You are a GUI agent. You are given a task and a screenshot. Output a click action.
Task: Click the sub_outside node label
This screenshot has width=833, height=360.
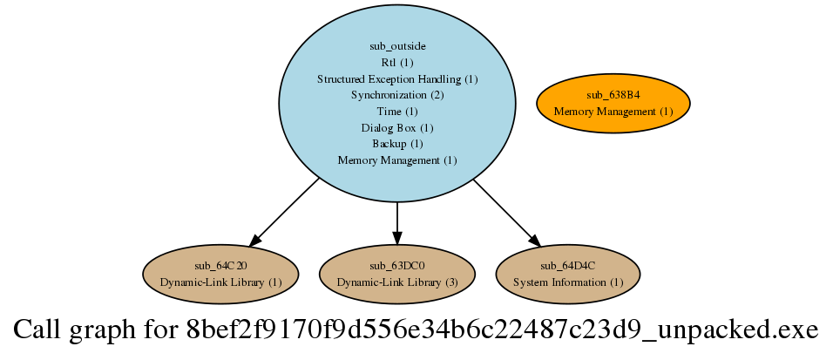click(x=397, y=45)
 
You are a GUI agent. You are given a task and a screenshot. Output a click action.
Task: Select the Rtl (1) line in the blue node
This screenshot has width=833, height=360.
click(x=397, y=62)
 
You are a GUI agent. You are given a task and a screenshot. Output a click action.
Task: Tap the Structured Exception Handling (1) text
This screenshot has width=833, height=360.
click(x=397, y=78)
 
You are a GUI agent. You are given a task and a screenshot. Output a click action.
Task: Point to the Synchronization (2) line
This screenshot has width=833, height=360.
click(x=397, y=94)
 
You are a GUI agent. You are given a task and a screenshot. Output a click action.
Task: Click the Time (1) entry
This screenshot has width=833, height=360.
click(x=397, y=111)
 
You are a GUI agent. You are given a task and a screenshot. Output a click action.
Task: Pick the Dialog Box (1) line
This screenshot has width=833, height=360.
click(x=397, y=127)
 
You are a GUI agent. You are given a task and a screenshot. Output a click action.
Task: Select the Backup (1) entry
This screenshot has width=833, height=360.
click(x=397, y=144)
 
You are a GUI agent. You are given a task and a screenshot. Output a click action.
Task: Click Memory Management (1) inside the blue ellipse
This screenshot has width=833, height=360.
click(x=397, y=160)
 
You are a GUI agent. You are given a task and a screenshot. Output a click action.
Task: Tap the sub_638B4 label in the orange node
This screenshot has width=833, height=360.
click(x=613, y=94)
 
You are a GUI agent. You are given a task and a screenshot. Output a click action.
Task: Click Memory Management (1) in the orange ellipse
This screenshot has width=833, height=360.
click(x=613, y=111)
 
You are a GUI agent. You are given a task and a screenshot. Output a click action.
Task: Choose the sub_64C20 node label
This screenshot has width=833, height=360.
click(x=221, y=265)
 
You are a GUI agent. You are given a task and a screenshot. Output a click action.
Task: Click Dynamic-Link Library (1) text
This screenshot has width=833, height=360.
click(x=221, y=282)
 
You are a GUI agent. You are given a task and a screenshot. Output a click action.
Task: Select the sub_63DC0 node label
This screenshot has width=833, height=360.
click(x=397, y=265)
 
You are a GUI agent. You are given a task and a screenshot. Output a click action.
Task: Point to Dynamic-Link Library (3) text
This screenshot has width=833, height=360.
click(x=397, y=282)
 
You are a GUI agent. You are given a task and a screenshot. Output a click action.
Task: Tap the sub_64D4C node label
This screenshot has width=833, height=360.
click(x=568, y=265)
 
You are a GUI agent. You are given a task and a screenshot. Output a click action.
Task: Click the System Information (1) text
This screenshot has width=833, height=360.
click(x=568, y=282)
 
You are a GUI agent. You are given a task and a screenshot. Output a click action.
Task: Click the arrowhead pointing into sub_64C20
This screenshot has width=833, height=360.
click(x=254, y=240)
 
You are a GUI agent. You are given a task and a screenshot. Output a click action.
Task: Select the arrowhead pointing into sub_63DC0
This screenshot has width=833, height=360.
click(x=397, y=237)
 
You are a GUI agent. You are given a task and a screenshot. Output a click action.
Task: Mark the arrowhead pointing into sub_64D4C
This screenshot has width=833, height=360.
click(x=534, y=240)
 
